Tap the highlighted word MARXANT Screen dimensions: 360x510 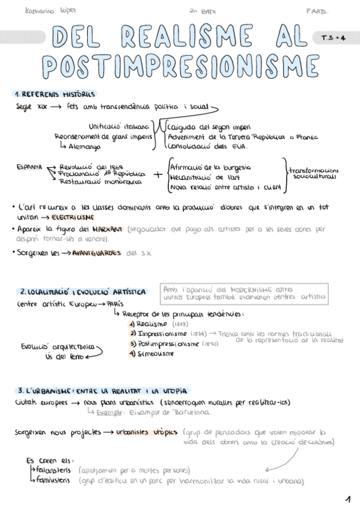click(x=108, y=229)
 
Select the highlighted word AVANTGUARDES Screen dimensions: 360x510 click(x=97, y=253)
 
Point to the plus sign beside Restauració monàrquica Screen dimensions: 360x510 click(x=157, y=175)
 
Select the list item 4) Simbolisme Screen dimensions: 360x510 click(x=151, y=354)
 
